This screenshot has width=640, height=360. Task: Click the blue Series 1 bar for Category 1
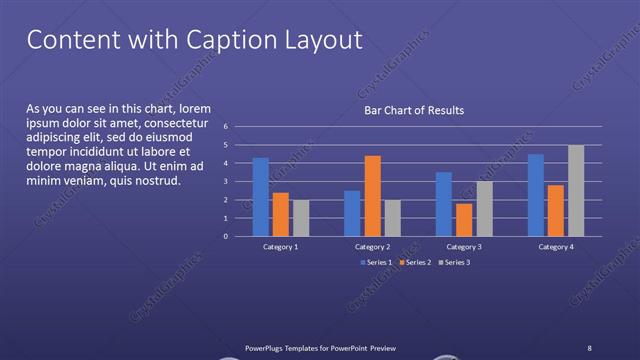coord(260,197)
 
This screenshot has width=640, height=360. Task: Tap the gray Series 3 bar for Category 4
coord(576,191)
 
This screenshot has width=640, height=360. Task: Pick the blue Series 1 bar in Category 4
coord(536,195)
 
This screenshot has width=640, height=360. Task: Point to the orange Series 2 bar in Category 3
coord(464,220)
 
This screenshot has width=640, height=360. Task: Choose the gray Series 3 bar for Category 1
coord(301,218)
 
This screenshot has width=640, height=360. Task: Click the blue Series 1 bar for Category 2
coord(352,213)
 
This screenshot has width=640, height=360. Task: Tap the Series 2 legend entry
coord(417,262)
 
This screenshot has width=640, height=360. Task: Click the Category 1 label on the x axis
coord(280,246)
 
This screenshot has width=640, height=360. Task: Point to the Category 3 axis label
coord(464,246)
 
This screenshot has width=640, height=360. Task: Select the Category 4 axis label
coord(556,246)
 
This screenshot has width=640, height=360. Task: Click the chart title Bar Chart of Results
coord(413,110)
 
